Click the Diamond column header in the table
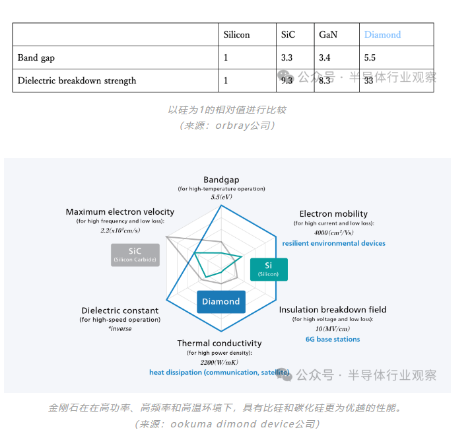pos(382,34)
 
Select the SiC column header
pos(287,34)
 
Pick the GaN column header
pos(328,34)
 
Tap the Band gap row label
pos(36,57)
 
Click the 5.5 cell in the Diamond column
pos(370,57)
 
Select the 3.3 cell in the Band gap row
pos(287,57)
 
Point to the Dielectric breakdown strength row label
pos(77,81)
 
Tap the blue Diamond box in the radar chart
pos(221,302)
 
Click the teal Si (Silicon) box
pos(269,268)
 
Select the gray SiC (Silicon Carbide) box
pos(135,255)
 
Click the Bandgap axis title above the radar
pos(221,180)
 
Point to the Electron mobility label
pos(333,214)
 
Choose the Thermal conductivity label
pos(219,344)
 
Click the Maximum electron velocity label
pos(119,212)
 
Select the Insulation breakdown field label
pos(333,310)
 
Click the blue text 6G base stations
pos(333,340)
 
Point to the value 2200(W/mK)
pos(219,363)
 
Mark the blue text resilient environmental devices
pos(333,244)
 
